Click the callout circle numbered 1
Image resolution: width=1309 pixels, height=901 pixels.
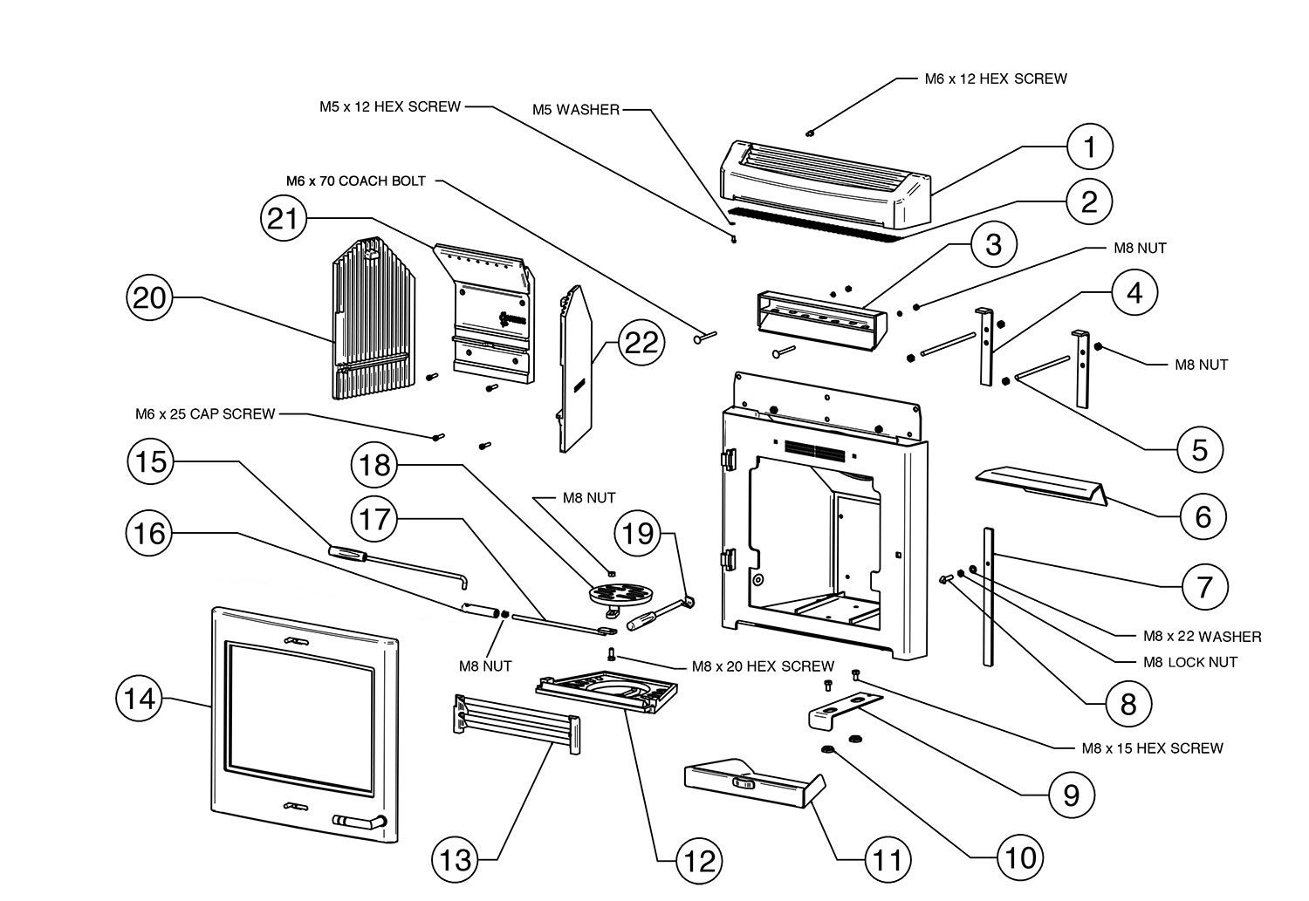pyautogui.click(x=1089, y=148)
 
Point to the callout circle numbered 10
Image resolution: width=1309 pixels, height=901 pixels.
pyautogui.click(x=1018, y=857)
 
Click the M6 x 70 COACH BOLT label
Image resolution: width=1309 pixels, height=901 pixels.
pyautogui.click(x=356, y=181)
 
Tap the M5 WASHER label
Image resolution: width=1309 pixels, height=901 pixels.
pyautogui.click(x=576, y=110)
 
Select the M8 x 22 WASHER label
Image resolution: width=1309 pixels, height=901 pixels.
pyautogui.click(x=1202, y=637)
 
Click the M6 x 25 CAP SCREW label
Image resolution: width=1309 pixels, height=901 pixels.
pyautogui.click(x=205, y=413)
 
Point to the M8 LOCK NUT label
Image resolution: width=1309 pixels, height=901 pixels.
pyautogui.click(x=1189, y=662)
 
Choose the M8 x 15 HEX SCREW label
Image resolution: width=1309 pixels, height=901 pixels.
pyautogui.click(x=1152, y=747)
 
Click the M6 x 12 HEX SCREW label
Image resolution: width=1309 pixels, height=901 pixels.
pyautogui.click(x=996, y=78)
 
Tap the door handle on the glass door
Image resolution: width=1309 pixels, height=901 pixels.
pyautogui.click(x=359, y=821)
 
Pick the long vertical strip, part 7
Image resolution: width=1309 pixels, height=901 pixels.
pyautogui.click(x=990, y=602)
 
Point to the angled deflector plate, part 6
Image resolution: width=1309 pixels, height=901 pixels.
pyautogui.click(x=1038, y=484)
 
